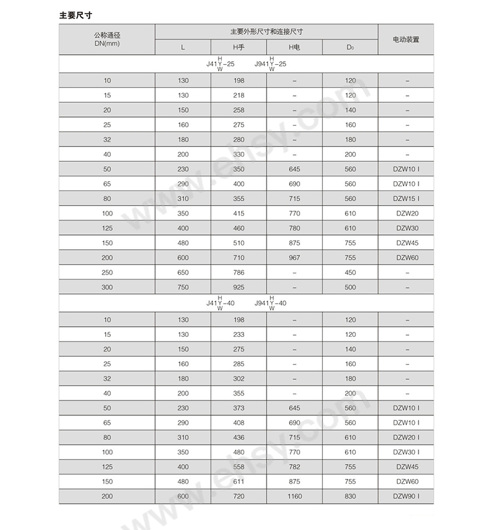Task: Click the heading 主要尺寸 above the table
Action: tap(78, 14)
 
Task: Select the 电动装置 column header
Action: tap(405, 39)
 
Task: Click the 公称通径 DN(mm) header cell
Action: tap(106, 39)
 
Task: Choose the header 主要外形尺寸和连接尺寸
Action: tap(266, 31)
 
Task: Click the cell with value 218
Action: tap(239, 95)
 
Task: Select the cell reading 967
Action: tap(294, 258)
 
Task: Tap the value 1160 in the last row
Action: tap(294, 496)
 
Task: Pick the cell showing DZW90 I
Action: tap(406, 496)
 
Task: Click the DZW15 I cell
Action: tap(406, 199)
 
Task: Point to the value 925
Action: tap(239, 287)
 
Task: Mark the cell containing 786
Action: tap(239, 272)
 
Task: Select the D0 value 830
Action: tap(350, 496)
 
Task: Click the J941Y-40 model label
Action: tap(271, 303)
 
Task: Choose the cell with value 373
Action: tap(239, 409)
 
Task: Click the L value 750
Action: tap(182, 287)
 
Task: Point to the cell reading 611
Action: tap(239, 481)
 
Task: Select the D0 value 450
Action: tap(350, 272)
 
